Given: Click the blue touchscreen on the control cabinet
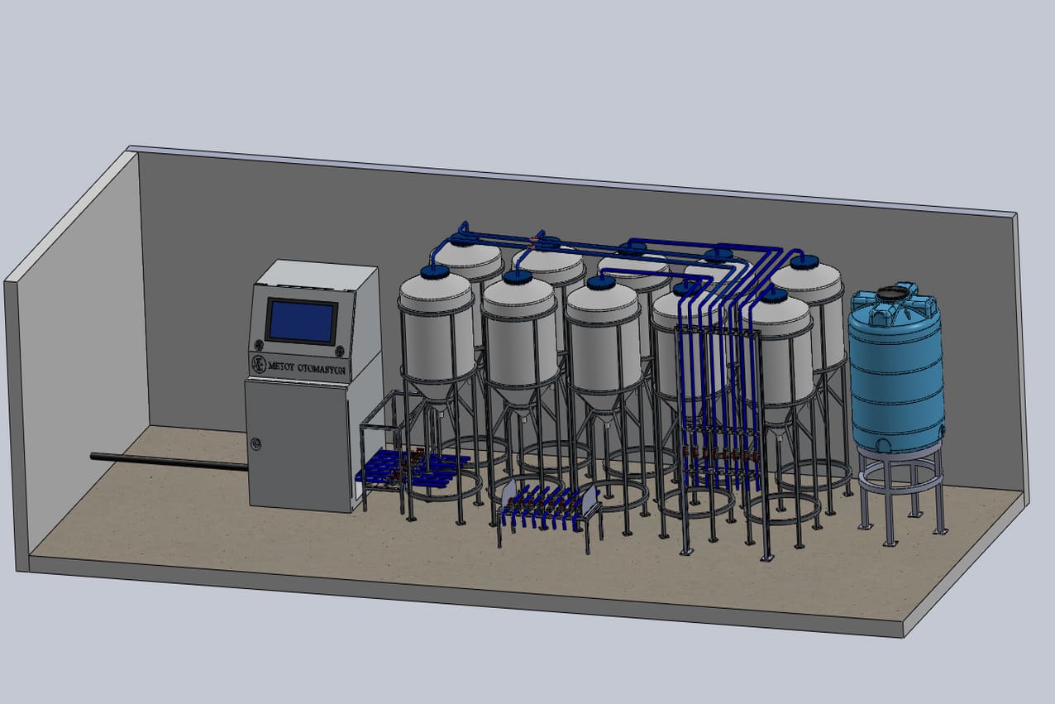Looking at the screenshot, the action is (x=302, y=322).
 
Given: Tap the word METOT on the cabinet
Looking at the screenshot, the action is (x=281, y=366).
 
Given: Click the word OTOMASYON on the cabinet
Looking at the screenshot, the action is (x=322, y=369).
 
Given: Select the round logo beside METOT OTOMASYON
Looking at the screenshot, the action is (x=259, y=364).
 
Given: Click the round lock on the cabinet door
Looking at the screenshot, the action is (x=255, y=444).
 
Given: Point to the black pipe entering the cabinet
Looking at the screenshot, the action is (x=169, y=462).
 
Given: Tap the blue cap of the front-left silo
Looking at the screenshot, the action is (x=435, y=271).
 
